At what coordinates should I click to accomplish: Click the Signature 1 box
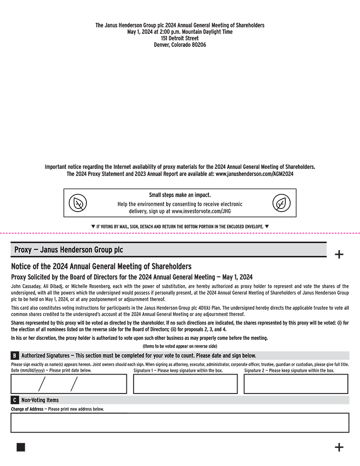(x=185, y=384)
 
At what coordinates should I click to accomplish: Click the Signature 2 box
(x=296, y=384)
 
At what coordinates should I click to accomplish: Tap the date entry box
(x=69, y=384)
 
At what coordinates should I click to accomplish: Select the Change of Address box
(x=180, y=422)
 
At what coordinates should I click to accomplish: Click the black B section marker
(x=15, y=356)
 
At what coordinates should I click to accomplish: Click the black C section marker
(x=15, y=400)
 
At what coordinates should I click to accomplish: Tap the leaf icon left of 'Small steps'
(x=78, y=204)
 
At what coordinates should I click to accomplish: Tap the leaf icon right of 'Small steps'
(x=281, y=204)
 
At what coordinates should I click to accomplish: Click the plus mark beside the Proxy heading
(x=339, y=255)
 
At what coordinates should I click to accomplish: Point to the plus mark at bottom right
(x=339, y=447)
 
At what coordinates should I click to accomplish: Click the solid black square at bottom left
(x=21, y=447)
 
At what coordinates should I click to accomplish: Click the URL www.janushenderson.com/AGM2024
(x=254, y=174)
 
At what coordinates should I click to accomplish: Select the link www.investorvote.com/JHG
(x=201, y=211)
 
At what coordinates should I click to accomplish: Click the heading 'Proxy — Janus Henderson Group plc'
(x=68, y=250)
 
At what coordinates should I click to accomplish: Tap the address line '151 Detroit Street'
(x=180, y=38)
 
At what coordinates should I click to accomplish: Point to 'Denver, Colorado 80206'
(x=180, y=45)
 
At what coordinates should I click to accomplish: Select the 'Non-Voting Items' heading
(x=40, y=400)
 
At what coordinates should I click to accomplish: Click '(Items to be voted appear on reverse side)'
(x=180, y=346)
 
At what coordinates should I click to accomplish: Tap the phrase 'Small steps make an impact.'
(x=180, y=195)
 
